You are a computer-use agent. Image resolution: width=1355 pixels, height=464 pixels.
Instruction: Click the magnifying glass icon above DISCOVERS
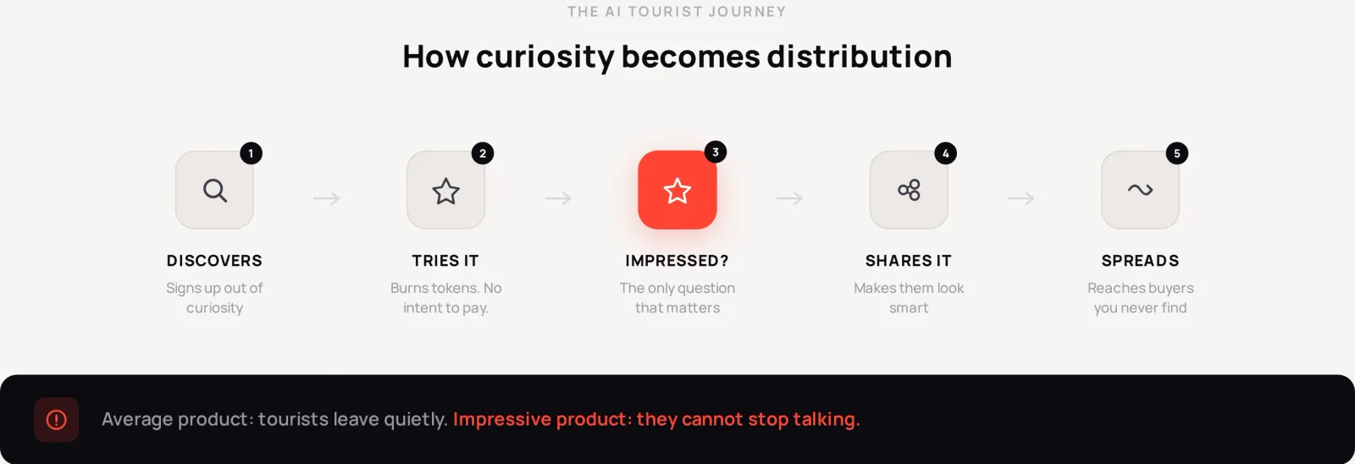pyautogui.click(x=215, y=191)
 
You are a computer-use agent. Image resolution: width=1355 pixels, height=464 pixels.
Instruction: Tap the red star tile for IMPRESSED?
pyautogui.click(x=677, y=190)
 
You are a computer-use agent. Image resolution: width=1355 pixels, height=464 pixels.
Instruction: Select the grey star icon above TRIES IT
pyautogui.click(x=445, y=191)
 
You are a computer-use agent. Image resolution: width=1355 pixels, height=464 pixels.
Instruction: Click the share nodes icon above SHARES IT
pyautogui.click(x=909, y=190)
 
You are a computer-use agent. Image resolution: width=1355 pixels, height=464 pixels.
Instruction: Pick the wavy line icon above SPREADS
pyautogui.click(x=1140, y=190)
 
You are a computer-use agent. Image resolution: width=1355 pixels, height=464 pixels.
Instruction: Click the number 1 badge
pyautogui.click(x=251, y=153)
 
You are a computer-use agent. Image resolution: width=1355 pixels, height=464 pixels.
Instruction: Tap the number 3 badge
pyautogui.click(x=716, y=152)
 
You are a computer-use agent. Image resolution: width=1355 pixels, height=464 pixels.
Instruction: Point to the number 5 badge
pyautogui.click(x=1177, y=153)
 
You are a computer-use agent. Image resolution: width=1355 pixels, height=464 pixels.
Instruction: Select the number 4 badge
pyautogui.click(x=945, y=153)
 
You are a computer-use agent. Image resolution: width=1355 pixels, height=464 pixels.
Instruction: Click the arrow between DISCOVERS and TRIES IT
pyautogui.click(x=327, y=198)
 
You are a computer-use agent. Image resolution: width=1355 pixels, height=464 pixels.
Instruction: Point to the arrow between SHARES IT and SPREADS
pyautogui.click(x=1021, y=198)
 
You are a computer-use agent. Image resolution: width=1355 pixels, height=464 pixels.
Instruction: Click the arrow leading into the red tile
pyautogui.click(x=558, y=198)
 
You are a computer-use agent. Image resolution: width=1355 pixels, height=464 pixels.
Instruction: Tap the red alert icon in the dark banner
pyautogui.click(x=56, y=420)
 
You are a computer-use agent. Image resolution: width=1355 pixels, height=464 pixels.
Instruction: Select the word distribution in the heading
pyautogui.click(x=860, y=56)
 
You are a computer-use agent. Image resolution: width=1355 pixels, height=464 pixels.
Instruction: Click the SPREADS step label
pyautogui.click(x=1140, y=261)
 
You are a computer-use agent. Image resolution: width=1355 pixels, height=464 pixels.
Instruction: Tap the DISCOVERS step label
pyautogui.click(x=215, y=261)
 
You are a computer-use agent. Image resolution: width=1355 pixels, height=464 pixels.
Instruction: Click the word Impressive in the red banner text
pyautogui.click(x=502, y=419)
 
